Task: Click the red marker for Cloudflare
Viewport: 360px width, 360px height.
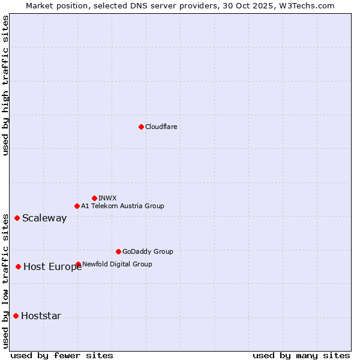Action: click(141, 127)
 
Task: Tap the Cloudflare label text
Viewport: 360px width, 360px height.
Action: click(161, 127)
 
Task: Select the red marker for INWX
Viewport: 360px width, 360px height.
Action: click(95, 198)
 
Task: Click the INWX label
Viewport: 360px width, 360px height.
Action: click(107, 198)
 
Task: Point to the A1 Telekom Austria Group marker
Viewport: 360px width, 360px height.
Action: click(77, 206)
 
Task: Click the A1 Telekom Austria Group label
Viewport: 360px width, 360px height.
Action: click(122, 206)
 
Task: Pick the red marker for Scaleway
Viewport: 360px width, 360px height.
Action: click(17, 218)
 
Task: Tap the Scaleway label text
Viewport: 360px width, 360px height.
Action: click(44, 218)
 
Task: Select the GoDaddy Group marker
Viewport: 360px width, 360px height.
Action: click(118, 251)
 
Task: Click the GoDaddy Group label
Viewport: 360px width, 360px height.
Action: click(148, 251)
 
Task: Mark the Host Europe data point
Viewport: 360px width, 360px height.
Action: click(19, 266)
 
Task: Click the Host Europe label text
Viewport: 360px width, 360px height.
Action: click(52, 267)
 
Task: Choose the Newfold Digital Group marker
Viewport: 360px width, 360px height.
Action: click(79, 264)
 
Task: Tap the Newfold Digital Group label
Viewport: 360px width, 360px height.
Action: click(117, 264)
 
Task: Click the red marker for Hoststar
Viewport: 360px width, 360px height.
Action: click(16, 316)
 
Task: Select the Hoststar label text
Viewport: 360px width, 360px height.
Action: click(41, 316)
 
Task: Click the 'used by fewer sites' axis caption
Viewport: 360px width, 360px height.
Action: click(61, 355)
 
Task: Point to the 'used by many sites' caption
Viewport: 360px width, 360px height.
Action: click(301, 355)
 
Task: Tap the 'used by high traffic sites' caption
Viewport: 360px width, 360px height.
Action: click(6, 85)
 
